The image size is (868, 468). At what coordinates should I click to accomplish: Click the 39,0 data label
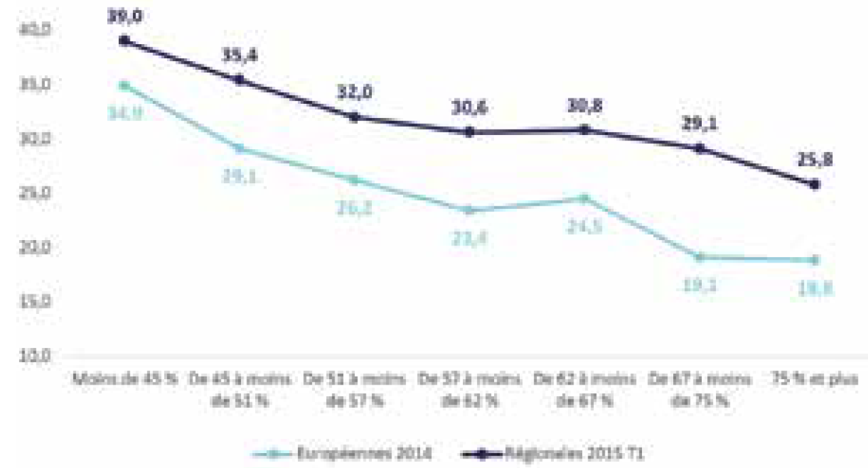tap(124, 16)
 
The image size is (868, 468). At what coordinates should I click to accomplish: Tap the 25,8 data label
tap(815, 160)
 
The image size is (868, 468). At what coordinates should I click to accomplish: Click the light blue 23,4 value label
tap(469, 237)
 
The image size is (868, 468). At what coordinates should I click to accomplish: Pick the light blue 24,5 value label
tap(584, 227)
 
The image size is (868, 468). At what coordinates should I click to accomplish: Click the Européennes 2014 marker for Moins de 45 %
tap(124, 85)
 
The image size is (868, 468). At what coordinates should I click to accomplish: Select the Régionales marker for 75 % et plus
tap(815, 184)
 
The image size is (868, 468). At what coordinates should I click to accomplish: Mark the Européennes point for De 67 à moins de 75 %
tap(700, 257)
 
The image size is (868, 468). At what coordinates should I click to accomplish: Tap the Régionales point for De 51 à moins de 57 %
tap(354, 117)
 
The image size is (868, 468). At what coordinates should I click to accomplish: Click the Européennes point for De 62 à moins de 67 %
tap(584, 198)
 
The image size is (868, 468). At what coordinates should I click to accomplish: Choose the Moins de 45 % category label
tap(124, 381)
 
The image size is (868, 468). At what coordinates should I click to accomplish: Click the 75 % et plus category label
tap(815, 381)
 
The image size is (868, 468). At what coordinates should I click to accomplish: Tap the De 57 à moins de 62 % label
tap(469, 389)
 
